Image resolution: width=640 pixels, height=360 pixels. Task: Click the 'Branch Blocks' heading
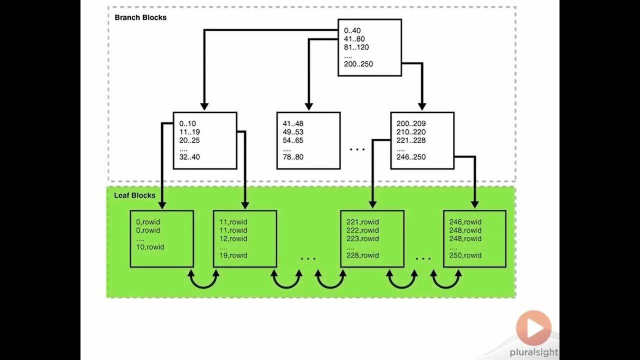tap(140, 17)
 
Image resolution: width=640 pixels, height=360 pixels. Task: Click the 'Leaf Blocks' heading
tap(134, 195)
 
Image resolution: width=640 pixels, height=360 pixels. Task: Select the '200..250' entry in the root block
tap(358, 64)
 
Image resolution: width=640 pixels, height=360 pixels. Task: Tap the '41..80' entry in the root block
tap(355, 39)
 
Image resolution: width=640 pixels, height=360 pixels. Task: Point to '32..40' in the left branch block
tap(189, 157)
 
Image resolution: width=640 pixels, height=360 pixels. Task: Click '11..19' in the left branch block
tap(189, 132)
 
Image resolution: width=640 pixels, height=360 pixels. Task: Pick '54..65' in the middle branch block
tap(293, 140)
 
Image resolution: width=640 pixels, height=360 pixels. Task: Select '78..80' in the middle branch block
tap(293, 157)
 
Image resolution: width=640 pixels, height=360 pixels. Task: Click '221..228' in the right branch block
tap(411, 140)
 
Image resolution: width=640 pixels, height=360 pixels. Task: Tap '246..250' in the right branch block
tap(411, 157)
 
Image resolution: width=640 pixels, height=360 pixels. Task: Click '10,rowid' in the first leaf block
tap(150, 247)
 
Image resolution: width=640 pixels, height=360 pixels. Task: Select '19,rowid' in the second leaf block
tap(233, 255)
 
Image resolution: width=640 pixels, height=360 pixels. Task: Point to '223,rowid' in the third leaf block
tap(362, 239)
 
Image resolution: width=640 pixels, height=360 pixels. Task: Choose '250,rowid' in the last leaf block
tap(465, 255)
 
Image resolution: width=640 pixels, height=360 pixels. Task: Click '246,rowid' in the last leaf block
tap(465, 222)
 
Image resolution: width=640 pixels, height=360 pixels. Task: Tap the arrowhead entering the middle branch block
tap(308, 106)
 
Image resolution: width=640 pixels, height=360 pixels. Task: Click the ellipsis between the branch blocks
tap(357, 149)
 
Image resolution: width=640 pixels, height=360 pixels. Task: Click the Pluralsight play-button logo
tap(533, 328)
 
